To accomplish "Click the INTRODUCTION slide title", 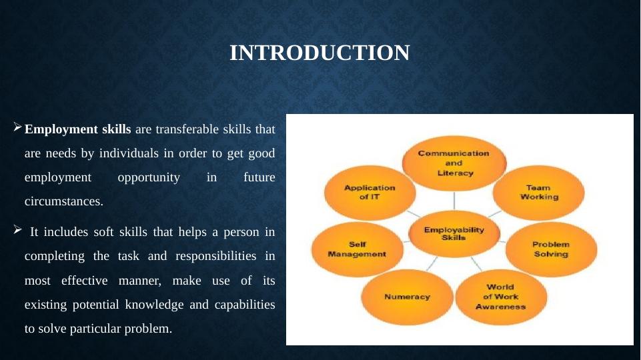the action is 319,53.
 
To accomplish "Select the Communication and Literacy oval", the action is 454,163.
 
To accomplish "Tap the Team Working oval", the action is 538,193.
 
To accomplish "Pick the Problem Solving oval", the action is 551,249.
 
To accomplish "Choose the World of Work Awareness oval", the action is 501,297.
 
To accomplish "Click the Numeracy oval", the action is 407,297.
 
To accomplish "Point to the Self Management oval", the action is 358,249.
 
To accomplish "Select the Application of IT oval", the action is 370,193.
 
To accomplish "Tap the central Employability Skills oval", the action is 454,234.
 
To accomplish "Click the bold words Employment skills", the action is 77,129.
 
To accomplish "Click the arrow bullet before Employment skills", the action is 17,127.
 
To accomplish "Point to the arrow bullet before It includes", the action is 17,229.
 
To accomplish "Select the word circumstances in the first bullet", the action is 64,201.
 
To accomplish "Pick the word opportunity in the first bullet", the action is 149,177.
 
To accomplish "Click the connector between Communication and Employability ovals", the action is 454,201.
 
